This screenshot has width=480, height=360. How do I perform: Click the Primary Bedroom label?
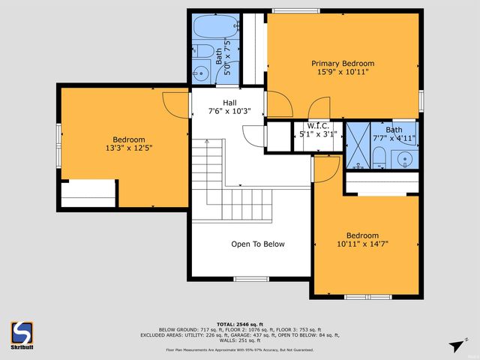tap(343, 64)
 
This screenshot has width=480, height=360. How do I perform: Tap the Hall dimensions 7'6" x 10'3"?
tap(229, 112)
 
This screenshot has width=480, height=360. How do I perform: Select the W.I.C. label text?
tap(318, 126)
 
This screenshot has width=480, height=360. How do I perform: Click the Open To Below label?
tap(257, 244)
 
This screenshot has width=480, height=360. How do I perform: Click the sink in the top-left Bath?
tap(200, 73)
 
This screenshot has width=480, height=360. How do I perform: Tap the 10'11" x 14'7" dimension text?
tap(362, 244)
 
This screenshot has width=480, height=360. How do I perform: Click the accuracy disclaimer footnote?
tap(240, 349)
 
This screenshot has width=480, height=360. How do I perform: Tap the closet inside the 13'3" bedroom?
tap(88, 193)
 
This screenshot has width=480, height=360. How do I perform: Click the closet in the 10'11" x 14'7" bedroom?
tap(382, 183)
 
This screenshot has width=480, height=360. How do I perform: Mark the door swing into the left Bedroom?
tap(174, 104)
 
